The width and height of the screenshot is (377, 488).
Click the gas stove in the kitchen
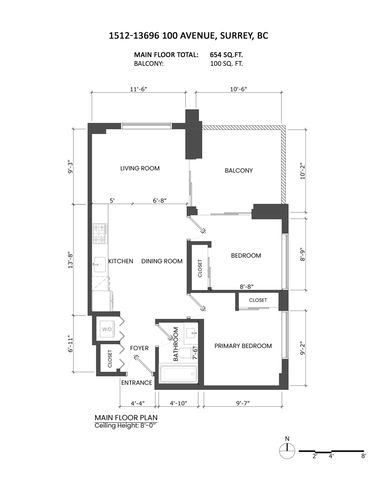coord(100,233)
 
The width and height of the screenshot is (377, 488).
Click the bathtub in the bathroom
coord(179,375)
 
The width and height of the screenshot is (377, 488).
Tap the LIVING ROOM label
coord(140,168)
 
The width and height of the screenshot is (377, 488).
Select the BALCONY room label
coord(239,171)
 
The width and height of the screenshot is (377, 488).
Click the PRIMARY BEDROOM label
coord(243,346)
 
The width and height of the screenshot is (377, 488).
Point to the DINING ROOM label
coord(162,261)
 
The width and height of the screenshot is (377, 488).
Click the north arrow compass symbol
coord(287,451)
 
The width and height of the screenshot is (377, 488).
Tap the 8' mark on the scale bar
coord(363,456)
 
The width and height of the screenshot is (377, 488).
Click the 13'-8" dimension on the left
coord(71,259)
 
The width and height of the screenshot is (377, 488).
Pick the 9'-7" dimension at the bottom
coord(242,403)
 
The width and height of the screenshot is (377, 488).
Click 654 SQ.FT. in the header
coord(227,54)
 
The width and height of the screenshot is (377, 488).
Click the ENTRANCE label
coord(137,383)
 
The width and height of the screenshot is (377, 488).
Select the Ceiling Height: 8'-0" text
coord(125,425)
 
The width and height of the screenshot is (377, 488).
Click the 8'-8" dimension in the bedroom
coord(246,286)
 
